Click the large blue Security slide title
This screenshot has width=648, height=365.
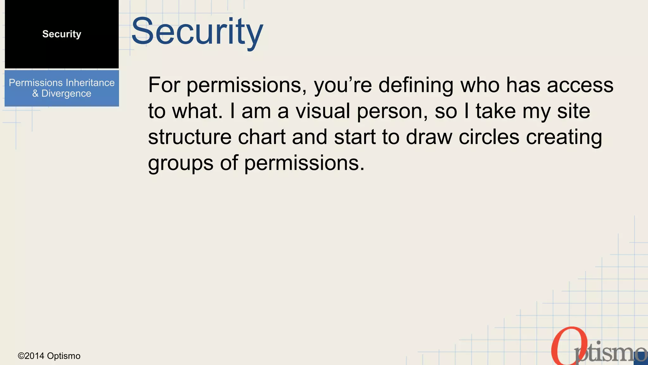coord(197,32)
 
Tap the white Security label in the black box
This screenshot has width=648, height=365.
coord(62,34)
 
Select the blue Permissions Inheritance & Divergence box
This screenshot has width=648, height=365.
coord(62,88)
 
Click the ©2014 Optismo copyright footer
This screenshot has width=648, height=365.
coord(49,356)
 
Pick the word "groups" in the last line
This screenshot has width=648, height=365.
coord(181,163)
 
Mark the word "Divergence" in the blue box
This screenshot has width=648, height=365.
coord(66,94)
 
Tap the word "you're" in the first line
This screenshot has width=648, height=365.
coord(343,86)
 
